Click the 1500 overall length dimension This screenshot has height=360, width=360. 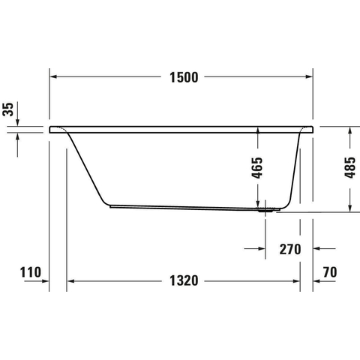184,77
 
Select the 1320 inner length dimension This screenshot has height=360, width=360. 184,280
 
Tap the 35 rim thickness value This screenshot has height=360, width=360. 8,109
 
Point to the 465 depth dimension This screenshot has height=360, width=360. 257,168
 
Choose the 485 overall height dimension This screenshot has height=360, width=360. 350,168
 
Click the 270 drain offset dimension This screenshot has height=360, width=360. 290,249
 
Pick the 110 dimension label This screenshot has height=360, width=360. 31,272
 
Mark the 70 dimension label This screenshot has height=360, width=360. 330,272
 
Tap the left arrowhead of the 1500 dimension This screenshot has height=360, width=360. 53,76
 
